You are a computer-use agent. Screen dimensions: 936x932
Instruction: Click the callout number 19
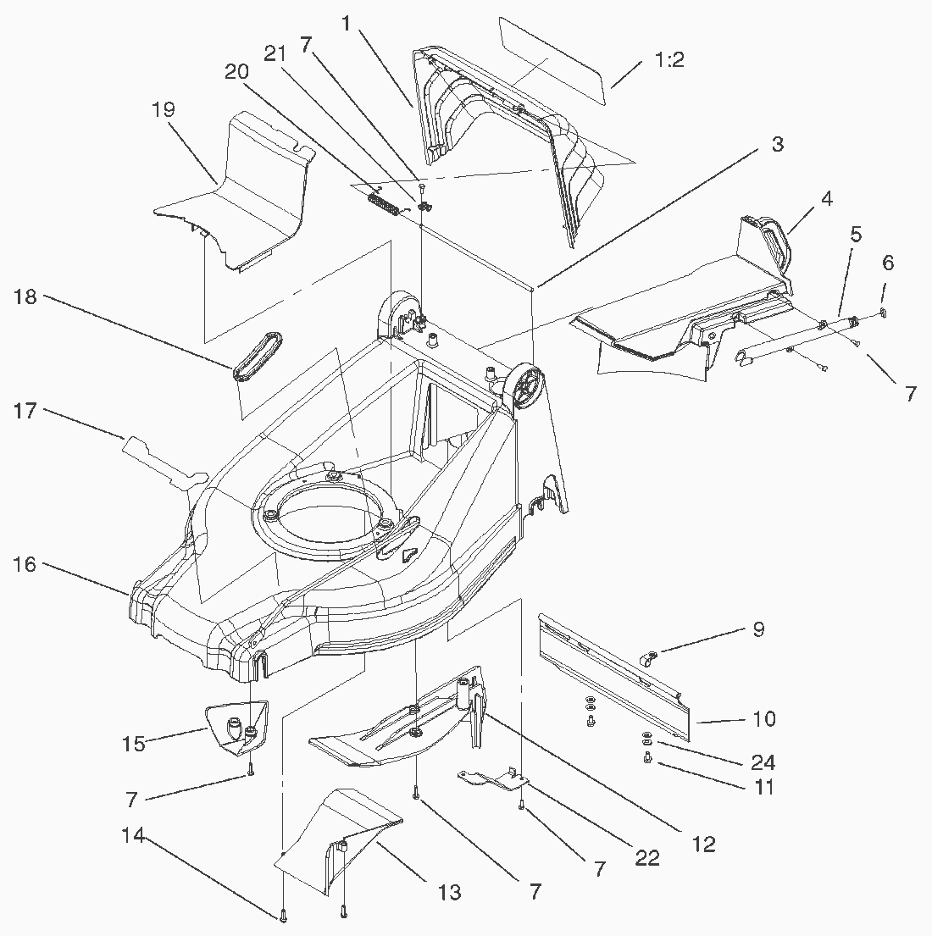coord(164,109)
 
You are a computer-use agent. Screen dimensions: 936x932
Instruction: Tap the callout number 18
coord(25,297)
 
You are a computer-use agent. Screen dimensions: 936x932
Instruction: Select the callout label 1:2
coord(669,60)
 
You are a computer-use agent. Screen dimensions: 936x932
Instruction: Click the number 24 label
coord(763,762)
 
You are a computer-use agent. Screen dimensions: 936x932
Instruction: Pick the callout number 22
coord(647,858)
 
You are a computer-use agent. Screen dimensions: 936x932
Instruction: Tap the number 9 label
coord(758,629)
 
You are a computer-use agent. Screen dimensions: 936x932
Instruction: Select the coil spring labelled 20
coord(386,204)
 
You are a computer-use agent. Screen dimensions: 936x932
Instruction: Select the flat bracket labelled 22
coord(491,777)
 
